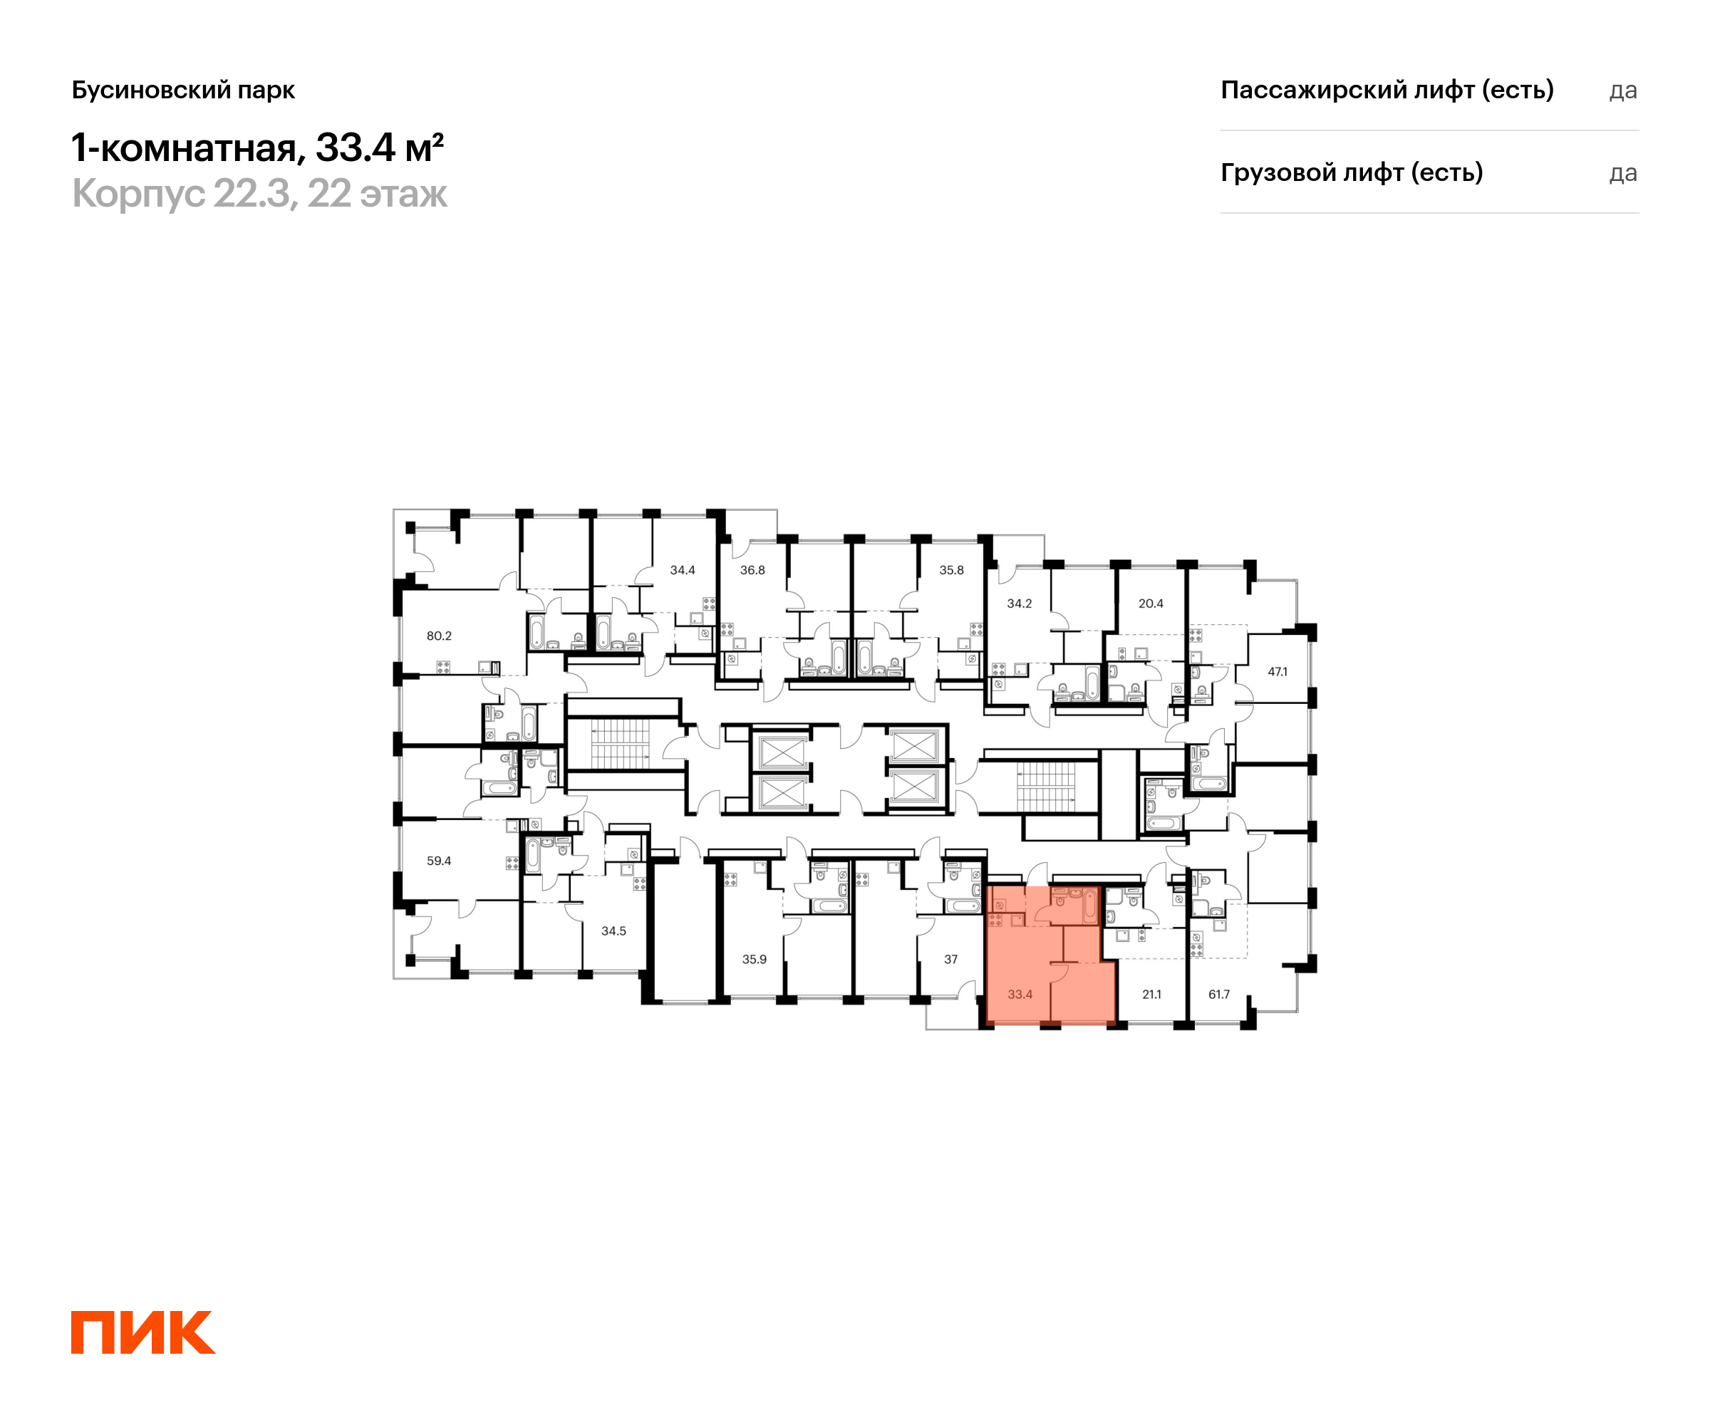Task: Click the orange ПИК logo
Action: (x=143, y=1332)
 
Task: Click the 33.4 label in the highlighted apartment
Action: (x=1020, y=994)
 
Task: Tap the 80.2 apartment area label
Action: (x=439, y=636)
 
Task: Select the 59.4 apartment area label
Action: (x=439, y=861)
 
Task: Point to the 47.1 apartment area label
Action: (x=1278, y=672)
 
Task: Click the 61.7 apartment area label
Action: (x=1219, y=994)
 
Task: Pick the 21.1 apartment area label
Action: (x=1151, y=994)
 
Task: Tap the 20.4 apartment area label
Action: (x=1151, y=603)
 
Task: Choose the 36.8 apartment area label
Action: (x=752, y=570)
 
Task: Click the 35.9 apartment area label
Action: (x=754, y=959)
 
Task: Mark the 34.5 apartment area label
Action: (x=613, y=931)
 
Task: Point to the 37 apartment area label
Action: (x=950, y=959)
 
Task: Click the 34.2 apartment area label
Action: (x=1019, y=603)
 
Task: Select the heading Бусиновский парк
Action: (x=183, y=90)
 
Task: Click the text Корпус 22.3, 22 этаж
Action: (x=260, y=195)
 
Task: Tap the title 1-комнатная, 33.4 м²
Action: (x=257, y=148)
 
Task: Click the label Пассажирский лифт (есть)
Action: (x=1387, y=90)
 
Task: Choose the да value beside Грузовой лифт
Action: (x=1623, y=173)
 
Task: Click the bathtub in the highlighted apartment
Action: (x=1089, y=906)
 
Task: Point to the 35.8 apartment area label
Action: (x=951, y=570)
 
